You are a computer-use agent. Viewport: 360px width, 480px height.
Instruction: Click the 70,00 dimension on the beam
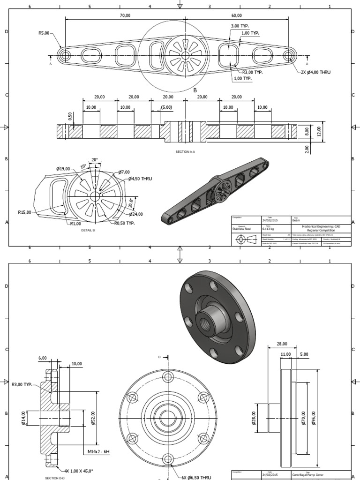click(x=125, y=15)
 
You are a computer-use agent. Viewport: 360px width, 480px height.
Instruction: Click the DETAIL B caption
click(x=87, y=231)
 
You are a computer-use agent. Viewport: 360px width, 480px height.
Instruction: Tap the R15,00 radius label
click(x=24, y=212)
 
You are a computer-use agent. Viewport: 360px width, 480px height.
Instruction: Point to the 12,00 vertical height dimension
click(x=319, y=130)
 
